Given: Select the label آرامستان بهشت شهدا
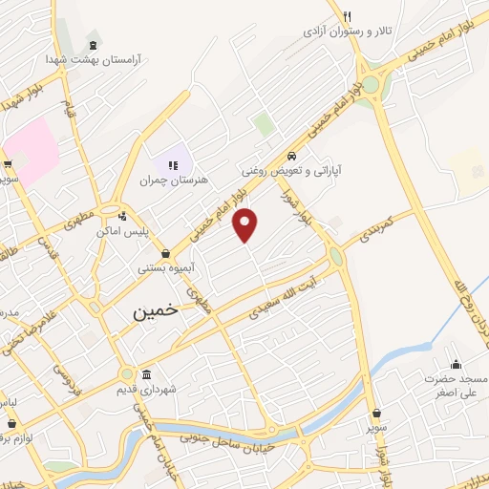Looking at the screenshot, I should point(93,59).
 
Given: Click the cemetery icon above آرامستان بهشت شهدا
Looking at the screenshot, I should point(92,44).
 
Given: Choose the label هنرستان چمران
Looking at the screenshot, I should point(173,180).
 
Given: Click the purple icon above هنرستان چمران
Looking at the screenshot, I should point(173,164).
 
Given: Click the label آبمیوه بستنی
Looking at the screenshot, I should point(167,269).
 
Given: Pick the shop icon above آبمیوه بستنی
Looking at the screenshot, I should point(167,254).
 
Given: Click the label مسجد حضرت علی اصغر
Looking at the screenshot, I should point(457,385).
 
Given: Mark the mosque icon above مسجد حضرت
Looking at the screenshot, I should point(456,364).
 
